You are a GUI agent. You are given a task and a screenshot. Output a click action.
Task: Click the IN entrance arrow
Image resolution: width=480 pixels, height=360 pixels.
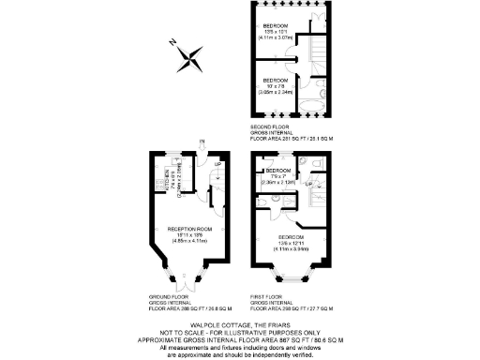[202, 144]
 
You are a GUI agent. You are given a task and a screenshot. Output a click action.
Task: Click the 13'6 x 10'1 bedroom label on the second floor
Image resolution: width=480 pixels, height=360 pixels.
[276, 31]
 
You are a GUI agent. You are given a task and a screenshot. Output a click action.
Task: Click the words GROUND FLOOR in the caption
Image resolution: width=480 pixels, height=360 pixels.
[163, 297]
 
